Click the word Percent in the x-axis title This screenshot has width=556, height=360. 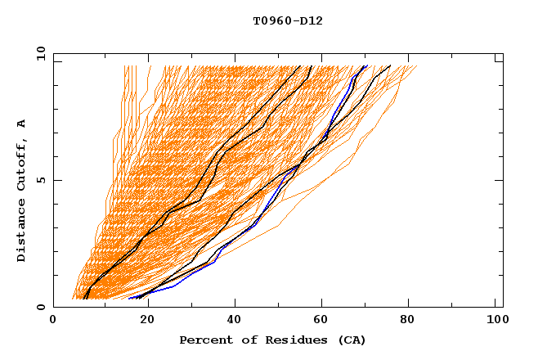(203, 340)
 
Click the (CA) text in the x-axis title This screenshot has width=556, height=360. (349, 340)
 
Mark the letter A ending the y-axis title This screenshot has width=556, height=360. (22, 123)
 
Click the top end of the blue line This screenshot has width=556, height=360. (364, 66)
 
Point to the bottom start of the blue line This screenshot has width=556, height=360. (129, 299)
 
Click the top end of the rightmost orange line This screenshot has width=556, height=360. (416, 66)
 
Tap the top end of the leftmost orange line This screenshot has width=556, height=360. (123, 66)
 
